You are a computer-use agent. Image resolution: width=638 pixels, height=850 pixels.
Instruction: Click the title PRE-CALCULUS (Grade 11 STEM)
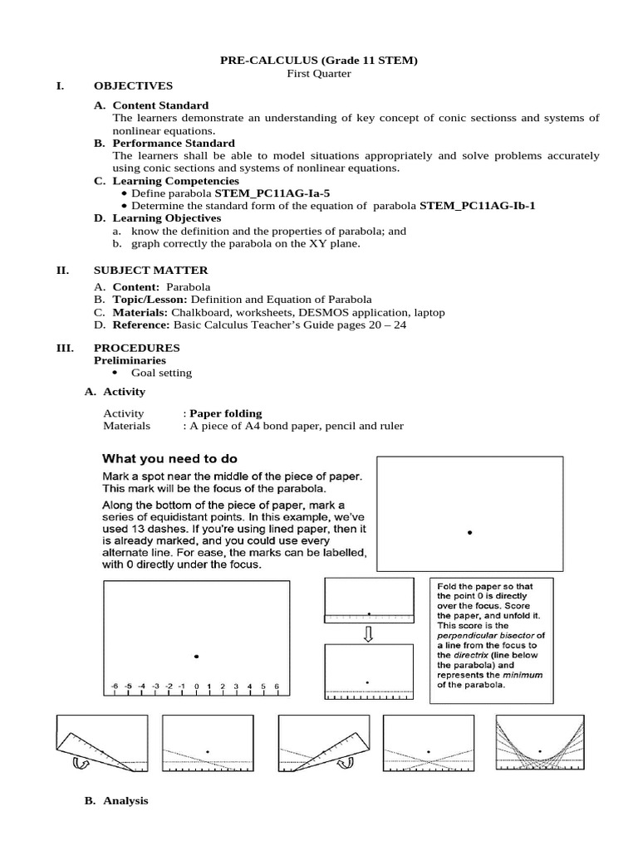pos(318,60)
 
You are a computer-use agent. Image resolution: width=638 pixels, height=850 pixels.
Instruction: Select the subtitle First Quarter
pos(318,73)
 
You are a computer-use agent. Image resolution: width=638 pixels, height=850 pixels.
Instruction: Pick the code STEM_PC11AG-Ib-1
pos(477,206)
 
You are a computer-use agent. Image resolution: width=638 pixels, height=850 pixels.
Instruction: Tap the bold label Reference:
pos(141,325)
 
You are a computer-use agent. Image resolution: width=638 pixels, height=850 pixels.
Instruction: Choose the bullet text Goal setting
pos(161,373)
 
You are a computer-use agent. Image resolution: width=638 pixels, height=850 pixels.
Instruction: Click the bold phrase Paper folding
pos(225,413)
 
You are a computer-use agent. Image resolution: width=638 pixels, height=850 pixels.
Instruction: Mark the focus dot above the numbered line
pos(197,657)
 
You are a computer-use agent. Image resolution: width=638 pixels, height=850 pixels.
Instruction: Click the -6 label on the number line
pos(115,686)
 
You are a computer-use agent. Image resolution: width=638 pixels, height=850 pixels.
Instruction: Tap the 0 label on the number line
pos(197,686)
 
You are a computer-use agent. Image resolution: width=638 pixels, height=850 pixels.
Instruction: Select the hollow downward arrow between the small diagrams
pos(368,634)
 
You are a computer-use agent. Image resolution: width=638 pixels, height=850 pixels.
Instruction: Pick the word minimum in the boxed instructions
pos(526,675)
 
